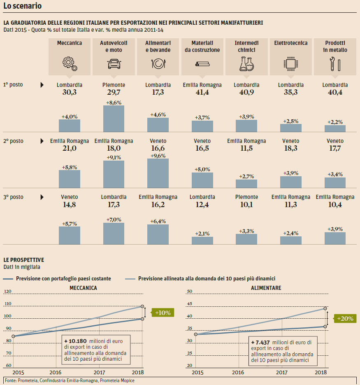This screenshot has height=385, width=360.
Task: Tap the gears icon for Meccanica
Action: coord(69,63)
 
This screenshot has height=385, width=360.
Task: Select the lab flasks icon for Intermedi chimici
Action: coord(246,63)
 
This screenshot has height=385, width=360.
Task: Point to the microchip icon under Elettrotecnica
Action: coord(290,63)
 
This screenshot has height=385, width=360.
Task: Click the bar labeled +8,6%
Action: coord(114,119)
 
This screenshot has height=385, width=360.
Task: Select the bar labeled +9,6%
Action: coord(158,173)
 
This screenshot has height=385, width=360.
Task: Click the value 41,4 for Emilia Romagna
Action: coord(202,93)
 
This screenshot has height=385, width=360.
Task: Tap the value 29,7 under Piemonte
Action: coord(114,93)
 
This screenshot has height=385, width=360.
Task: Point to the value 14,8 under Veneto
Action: coord(69,205)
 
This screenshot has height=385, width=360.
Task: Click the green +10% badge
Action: coord(163,313)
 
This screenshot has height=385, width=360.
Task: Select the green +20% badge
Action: coord(345,319)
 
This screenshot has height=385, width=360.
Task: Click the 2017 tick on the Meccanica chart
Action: coord(99,372)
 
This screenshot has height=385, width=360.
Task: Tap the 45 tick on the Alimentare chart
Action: coord(190,304)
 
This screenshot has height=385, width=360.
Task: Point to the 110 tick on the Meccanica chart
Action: coord(8,304)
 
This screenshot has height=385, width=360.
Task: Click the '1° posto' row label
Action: coord(13,85)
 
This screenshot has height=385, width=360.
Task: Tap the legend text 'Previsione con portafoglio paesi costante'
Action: coord(63,279)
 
